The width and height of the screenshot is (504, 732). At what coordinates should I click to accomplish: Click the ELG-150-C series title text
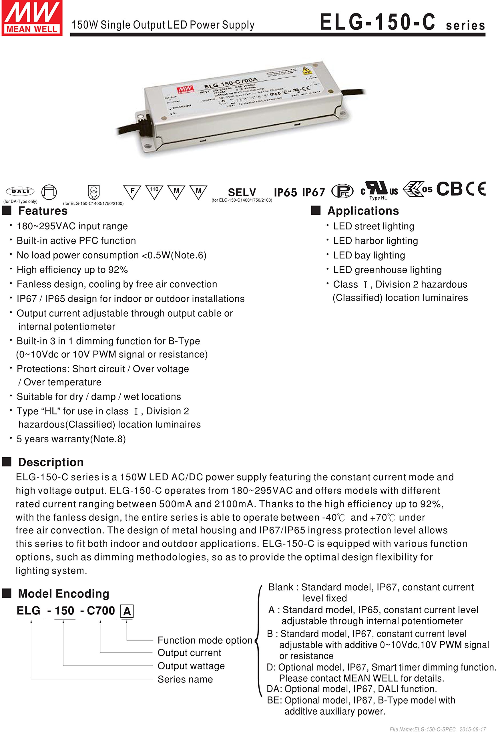tap(402, 23)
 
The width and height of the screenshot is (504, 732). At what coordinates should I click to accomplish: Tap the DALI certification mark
tap(20, 191)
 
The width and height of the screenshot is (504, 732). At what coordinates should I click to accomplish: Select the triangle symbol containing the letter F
tap(132, 191)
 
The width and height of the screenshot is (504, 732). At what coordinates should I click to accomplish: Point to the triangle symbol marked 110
tap(154, 191)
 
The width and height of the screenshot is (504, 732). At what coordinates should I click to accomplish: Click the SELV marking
tap(242, 192)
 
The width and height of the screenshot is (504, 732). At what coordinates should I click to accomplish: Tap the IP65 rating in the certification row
tap(285, 192)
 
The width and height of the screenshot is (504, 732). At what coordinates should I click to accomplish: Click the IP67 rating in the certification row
tap(313, 192)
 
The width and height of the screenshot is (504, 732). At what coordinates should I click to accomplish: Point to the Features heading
tap(43, 211)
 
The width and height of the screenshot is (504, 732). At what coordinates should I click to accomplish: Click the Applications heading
tap(363, 211)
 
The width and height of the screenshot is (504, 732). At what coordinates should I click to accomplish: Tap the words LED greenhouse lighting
tap(387, 270)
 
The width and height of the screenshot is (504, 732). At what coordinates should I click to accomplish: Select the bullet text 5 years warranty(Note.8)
tap(71, 439)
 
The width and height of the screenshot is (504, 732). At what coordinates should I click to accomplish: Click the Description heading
tap(51, 462)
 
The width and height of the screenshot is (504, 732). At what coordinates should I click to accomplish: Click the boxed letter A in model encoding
tap(127, 611)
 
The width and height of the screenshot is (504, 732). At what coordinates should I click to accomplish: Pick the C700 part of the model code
tap(101, 611)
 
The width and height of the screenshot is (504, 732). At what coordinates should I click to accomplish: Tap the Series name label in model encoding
tap(185, 679)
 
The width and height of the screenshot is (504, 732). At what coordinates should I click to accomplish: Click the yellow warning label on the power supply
tap(306, 70)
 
